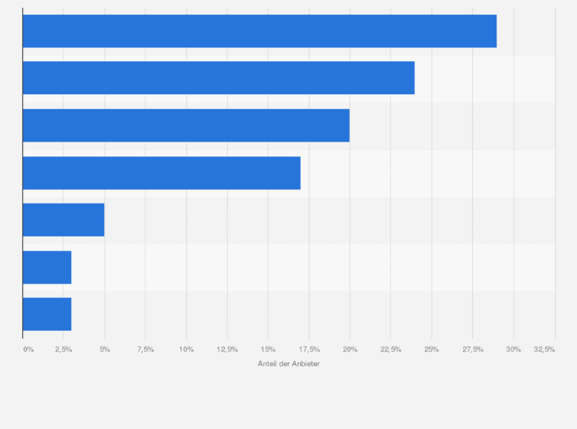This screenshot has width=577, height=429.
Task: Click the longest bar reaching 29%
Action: point(259,31)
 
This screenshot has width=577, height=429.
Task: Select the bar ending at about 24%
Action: point(218,78)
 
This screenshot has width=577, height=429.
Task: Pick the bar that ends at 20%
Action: point(186,126)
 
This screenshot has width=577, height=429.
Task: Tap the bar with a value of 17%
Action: point(161,173)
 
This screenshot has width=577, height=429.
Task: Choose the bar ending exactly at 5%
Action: point(64,220)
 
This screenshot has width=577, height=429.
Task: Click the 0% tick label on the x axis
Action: point(28,349)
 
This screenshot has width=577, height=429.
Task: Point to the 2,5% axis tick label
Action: point(64,349)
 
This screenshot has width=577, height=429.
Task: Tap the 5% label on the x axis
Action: point(105,349)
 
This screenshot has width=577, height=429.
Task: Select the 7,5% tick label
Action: point(145,349)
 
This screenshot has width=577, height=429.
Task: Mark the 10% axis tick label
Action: point(186,349)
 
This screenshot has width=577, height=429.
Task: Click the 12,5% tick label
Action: point(227,349)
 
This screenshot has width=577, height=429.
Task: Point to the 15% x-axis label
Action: point(268,349)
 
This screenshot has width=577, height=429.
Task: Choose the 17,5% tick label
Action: point(309,349)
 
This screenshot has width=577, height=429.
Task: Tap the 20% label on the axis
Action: point(350,349)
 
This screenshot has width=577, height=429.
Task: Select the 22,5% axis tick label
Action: point(391,349)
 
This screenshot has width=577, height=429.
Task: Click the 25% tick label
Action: point(432,349)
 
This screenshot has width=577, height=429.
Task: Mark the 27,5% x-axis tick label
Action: point(473,349)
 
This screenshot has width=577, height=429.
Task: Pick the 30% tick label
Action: point(513,349)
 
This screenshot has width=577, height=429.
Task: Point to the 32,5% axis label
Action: point(545,349)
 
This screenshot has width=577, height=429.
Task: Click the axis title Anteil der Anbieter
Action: point(289,363)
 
